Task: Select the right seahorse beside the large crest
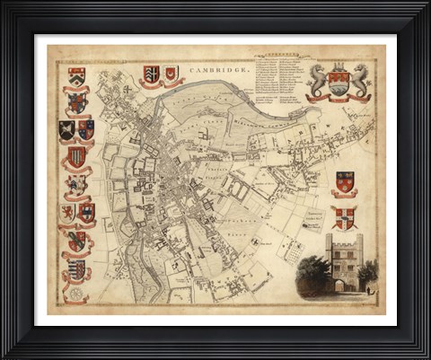click(360, 80)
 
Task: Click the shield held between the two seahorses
click(338, 82)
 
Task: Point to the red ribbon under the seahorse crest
click(338, 97)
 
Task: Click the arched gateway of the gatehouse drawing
click(345, 285)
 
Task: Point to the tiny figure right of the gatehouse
click(368, 288)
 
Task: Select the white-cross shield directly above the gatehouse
click(345, 216)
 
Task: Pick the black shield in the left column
click(67, 130)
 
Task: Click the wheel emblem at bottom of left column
click(75, 293)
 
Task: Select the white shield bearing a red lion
click(67, 212)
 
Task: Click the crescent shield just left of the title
click(171, 74)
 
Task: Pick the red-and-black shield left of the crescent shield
click(151, 75)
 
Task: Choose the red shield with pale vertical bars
click(77, 157)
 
